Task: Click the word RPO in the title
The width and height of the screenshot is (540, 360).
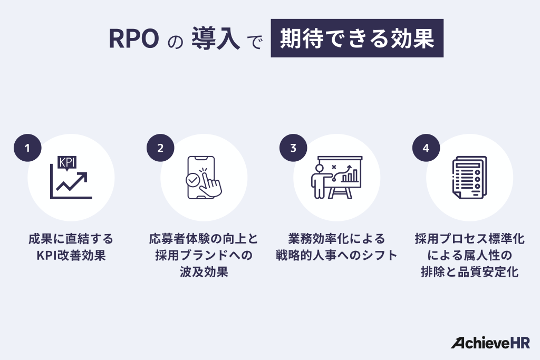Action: click(134, 39)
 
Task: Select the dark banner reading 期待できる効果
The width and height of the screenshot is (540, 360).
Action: click(357, 38)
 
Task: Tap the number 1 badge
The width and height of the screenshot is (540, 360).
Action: click(26, 148)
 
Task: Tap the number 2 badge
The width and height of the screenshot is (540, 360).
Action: click(159, 148)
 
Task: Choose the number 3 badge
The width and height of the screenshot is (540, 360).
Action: click(292, 148)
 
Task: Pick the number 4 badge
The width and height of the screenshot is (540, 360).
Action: click(425, 148)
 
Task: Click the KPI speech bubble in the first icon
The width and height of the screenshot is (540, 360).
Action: click(67, 163)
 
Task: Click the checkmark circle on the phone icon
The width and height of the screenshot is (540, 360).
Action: click(192, 180)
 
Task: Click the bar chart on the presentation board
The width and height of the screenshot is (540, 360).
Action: click(350, 176)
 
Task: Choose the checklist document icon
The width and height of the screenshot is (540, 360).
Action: click(469, 177)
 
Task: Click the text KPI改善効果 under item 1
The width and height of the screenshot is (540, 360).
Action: click(71, 256)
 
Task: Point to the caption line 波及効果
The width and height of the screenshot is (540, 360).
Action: click(204, 273)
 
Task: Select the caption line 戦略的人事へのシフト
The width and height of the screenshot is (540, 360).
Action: click(336, 256)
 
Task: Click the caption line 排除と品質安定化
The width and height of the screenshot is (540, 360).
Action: click(469, 273)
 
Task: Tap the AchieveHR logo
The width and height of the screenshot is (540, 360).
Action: click(490, 343)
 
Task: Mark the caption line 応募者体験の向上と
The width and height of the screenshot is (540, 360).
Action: click(204, 239)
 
